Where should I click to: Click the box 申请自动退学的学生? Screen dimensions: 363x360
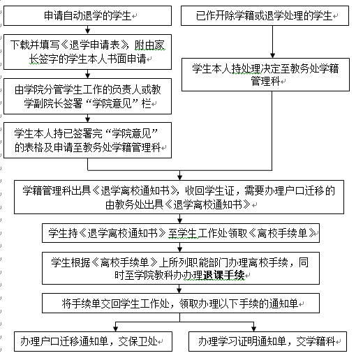click(x=87, y=16)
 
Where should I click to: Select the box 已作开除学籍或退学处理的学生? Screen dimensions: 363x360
click(x=265, y=16)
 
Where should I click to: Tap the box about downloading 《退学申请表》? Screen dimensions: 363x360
click(x=87, y=52)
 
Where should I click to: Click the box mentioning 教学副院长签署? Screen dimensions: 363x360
click(x=87, y=96)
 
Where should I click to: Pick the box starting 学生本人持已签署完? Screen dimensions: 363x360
click(x=87, y=140)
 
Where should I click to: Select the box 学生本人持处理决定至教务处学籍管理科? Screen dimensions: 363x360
click(x=265, y=75)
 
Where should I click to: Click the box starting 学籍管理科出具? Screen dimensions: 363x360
click(x=179, y=197)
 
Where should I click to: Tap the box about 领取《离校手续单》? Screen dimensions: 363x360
click(x=181, y=233)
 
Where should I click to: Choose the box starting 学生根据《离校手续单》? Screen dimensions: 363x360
click(x=181, y=268)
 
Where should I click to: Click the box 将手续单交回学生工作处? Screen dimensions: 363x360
click(x=181, y=303)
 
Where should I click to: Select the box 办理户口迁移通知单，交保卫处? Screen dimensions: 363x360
click(x=93, y=341)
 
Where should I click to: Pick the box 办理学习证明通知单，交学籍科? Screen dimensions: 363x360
click(x=267, y=341)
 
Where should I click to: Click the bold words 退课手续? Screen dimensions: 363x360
click(x=224, y=276)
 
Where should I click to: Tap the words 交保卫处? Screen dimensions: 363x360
click(x=138, y=341)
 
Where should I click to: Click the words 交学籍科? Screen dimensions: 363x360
click(x=316, y=341)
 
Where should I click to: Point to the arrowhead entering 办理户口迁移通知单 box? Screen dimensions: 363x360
click(x=115, y=329)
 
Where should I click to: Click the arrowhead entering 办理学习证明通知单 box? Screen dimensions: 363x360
click(x=254, y=329)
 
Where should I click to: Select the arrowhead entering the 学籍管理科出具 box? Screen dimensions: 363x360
click(x=179, y=177)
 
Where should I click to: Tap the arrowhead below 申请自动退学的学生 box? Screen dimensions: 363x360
click(x=87, y=31)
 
